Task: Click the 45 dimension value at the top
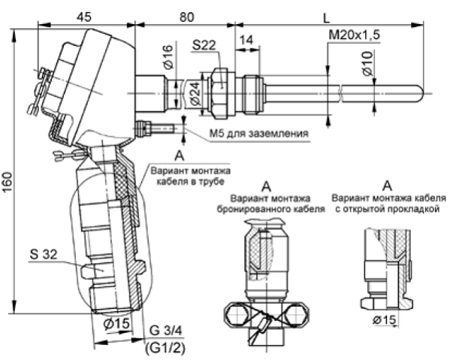(84, 17)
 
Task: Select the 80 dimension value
(187, 17)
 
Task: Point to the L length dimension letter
(326, 18)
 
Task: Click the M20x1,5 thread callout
(354, 35)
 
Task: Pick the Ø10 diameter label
(368, 64)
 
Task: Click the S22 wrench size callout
(204, 45)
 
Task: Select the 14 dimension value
(246, 40)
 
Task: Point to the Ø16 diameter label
(169, 57)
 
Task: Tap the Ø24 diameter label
(195, 93)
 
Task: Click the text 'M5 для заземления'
(259, 134)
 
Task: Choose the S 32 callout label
(44, 254)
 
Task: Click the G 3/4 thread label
(165, 331)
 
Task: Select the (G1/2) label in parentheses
(165, 348)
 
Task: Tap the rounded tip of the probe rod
(422, 93)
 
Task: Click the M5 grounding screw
(155, 128)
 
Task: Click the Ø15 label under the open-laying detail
(385, 320)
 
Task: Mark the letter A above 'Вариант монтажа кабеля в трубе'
(180, 156)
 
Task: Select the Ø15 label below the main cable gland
(116, 324)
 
